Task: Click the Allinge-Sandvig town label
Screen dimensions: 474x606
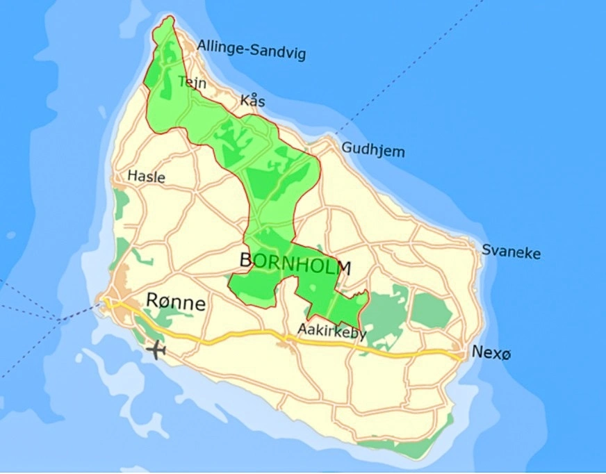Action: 251,49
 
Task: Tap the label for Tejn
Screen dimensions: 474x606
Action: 192,82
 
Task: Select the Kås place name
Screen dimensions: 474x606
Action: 252,101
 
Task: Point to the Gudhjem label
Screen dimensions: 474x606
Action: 372,149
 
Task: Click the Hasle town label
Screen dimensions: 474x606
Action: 146,177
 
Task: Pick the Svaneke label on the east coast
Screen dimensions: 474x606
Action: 511,252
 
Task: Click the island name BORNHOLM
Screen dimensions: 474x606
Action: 295,263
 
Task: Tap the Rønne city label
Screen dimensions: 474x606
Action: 176,302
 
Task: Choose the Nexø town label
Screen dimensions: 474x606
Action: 491,353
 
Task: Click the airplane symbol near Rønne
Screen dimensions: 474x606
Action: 157,350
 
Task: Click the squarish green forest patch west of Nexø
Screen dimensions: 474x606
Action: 431,310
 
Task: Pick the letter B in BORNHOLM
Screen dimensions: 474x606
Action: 245,261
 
